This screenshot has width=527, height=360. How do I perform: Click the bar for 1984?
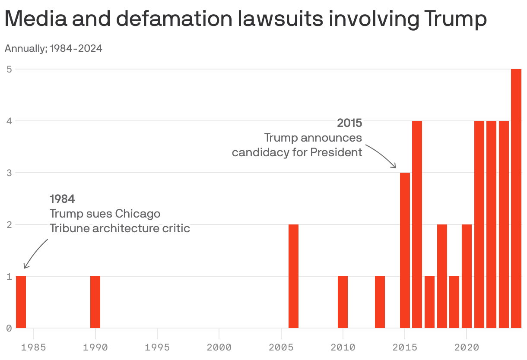(x=21, y=302)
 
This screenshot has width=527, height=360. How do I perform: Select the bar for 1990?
(x=95, y=302)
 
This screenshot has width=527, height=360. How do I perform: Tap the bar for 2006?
(x=293, y=276)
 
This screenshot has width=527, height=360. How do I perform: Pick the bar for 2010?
(x=343, y=302)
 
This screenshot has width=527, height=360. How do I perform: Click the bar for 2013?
(x=380, y=302)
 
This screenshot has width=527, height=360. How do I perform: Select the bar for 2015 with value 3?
(x=405, y=250)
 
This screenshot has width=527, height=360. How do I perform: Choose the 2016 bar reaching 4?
(x=417, y=224)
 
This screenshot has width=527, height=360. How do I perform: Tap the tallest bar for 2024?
(x=516, y=198)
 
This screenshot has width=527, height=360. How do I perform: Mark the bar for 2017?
(x=429, y=302)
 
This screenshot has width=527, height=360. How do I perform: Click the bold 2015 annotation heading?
(x=349, y=123)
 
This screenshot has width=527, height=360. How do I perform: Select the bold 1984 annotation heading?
(x=62, y=199)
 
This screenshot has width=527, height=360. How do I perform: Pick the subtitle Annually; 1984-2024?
(x=54, y=48)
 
